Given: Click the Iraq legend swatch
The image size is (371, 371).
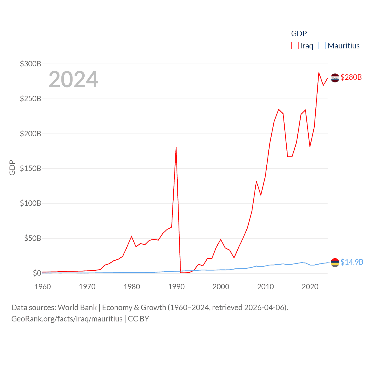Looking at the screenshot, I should tap(295, 46).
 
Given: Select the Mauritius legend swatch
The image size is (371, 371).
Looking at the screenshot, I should tap(322, 46).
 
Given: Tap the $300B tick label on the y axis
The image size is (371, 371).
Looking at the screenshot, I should tap(30, 64).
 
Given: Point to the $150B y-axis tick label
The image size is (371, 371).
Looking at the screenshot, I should tap(30, 168).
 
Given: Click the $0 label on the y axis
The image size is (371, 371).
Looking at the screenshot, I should tap(37, 273).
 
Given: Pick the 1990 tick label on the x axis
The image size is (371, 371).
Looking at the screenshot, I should tap(176, 287).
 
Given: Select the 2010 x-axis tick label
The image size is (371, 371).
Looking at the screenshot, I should tap(265, 287).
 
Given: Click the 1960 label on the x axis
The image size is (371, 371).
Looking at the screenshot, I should tap(43, 287).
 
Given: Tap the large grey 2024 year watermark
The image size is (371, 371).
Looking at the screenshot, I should tap(73, 79).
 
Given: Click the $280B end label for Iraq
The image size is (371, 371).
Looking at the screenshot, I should tap(351, 77).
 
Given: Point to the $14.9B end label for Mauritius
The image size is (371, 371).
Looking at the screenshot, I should tap(352, 262).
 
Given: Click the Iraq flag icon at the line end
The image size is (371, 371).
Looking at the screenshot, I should tap(335, 78).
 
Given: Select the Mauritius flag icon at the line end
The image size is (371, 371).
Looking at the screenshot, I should tap(335, 262).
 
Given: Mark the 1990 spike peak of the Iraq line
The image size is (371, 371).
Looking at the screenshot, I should tap(176, 148).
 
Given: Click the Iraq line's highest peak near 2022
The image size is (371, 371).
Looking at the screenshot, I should tap(319, 73).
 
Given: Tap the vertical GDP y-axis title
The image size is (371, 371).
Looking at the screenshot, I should tap(12, 168).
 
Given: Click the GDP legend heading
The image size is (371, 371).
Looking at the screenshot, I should tap(299, 34).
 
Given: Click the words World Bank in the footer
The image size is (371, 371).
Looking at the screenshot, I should tap(77, 308).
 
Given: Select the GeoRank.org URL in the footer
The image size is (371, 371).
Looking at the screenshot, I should tap(67, 319).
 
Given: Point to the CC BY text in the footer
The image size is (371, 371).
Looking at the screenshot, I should tap(139, 319).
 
